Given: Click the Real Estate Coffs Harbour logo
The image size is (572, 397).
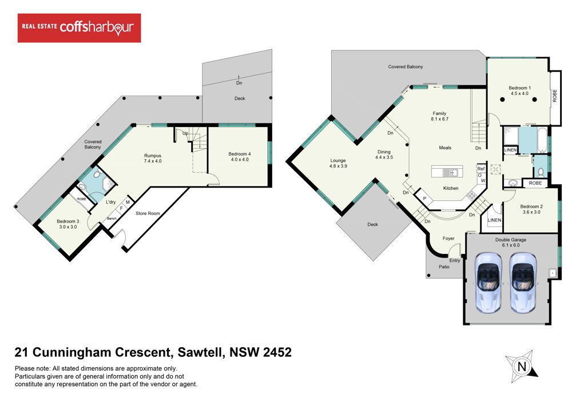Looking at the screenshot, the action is (79, 28).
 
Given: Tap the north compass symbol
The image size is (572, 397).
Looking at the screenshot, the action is (522, 366).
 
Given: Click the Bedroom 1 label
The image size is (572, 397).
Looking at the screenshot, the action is (519, 90).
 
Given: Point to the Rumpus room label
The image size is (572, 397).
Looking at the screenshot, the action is (153, 158).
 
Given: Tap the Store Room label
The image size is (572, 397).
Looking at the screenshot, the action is (148, 213).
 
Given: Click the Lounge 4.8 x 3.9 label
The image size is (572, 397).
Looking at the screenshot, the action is (338, 163).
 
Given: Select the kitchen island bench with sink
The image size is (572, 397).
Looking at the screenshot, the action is (447, 172).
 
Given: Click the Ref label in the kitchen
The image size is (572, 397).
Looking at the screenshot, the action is (481, 169).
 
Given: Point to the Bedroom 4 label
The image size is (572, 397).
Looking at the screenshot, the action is (240, 157).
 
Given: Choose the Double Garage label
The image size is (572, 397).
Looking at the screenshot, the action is (511, 243).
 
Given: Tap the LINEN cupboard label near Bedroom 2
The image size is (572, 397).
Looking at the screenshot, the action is (494, 220).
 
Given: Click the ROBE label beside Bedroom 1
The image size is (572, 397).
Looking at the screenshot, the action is (555, 96).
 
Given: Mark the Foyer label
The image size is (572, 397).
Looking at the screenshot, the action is (448, 239).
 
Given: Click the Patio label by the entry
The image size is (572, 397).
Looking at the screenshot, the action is (444, 267).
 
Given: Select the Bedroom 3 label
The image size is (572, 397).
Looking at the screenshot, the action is (68, 224).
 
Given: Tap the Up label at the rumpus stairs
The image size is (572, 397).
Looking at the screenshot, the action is (185, 133).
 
